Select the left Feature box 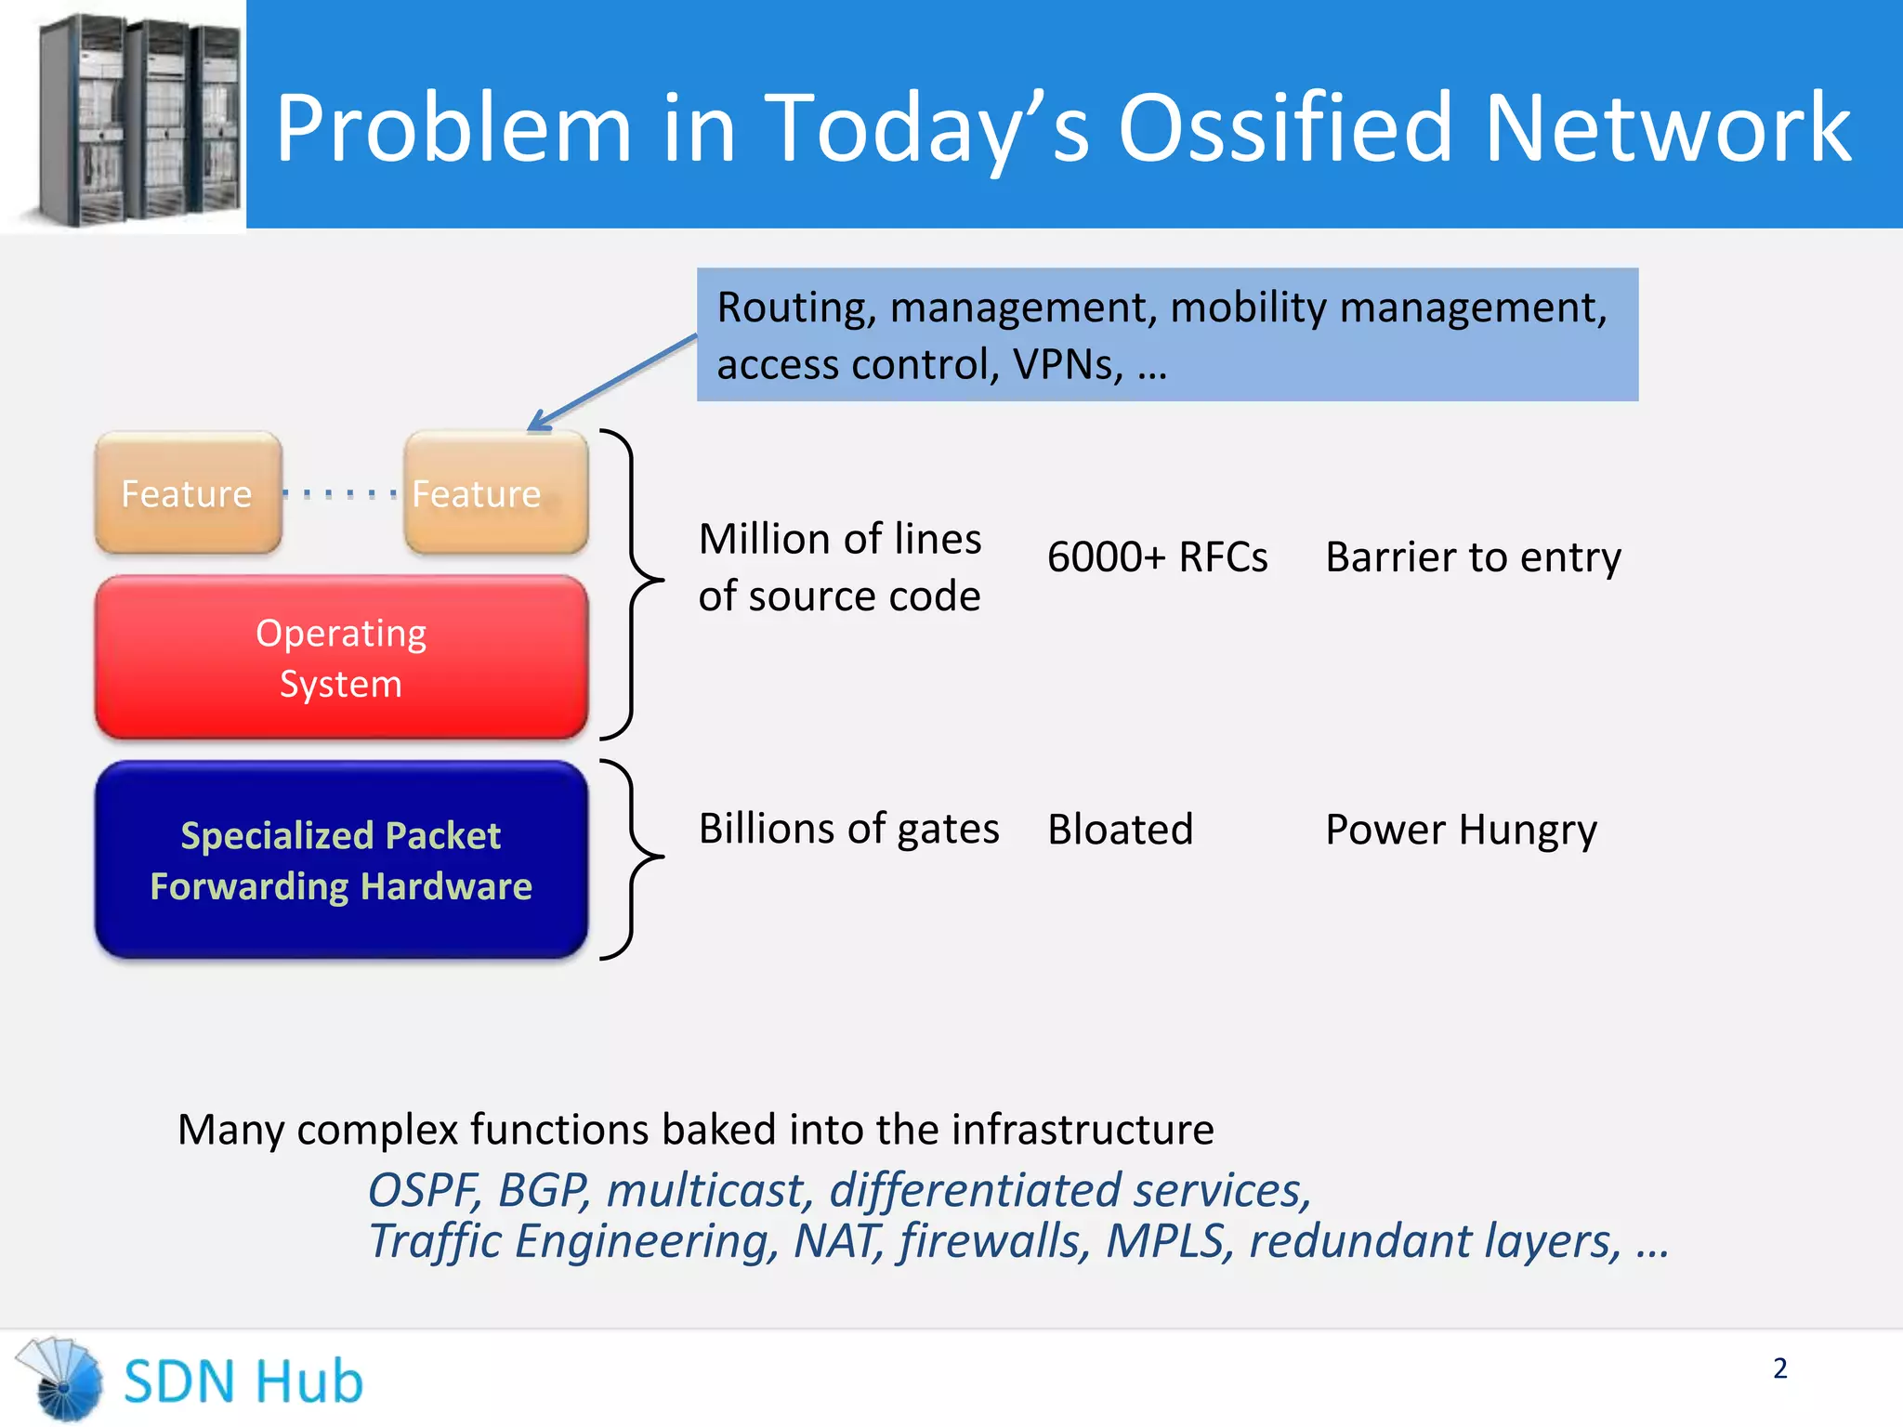(188, 493)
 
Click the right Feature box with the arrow (495, 493)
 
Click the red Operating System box (341, 658)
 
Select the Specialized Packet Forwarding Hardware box (341, 860)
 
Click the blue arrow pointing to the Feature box (613, 382)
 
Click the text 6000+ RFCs (1157, 557)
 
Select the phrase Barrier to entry (1473, 557)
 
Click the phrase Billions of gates (848, 829)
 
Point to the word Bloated (1120, 830)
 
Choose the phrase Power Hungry (1461, 830)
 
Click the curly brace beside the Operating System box (634, 583)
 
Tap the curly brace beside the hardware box (634, 858)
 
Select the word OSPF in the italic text (423, 1190)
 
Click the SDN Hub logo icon (61, 1380)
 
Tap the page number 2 (1779, 1368)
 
